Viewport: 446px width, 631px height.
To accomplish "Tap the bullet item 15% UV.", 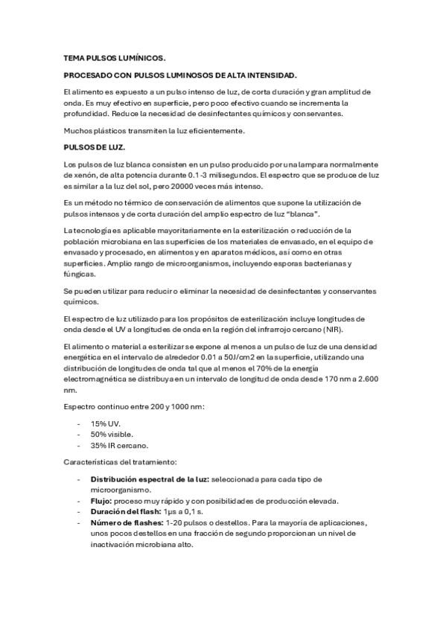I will [x=105, y=423].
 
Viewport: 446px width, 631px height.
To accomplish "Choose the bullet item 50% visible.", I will [x=112, y=434].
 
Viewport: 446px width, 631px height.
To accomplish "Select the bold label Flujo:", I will [x=102, y=501].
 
